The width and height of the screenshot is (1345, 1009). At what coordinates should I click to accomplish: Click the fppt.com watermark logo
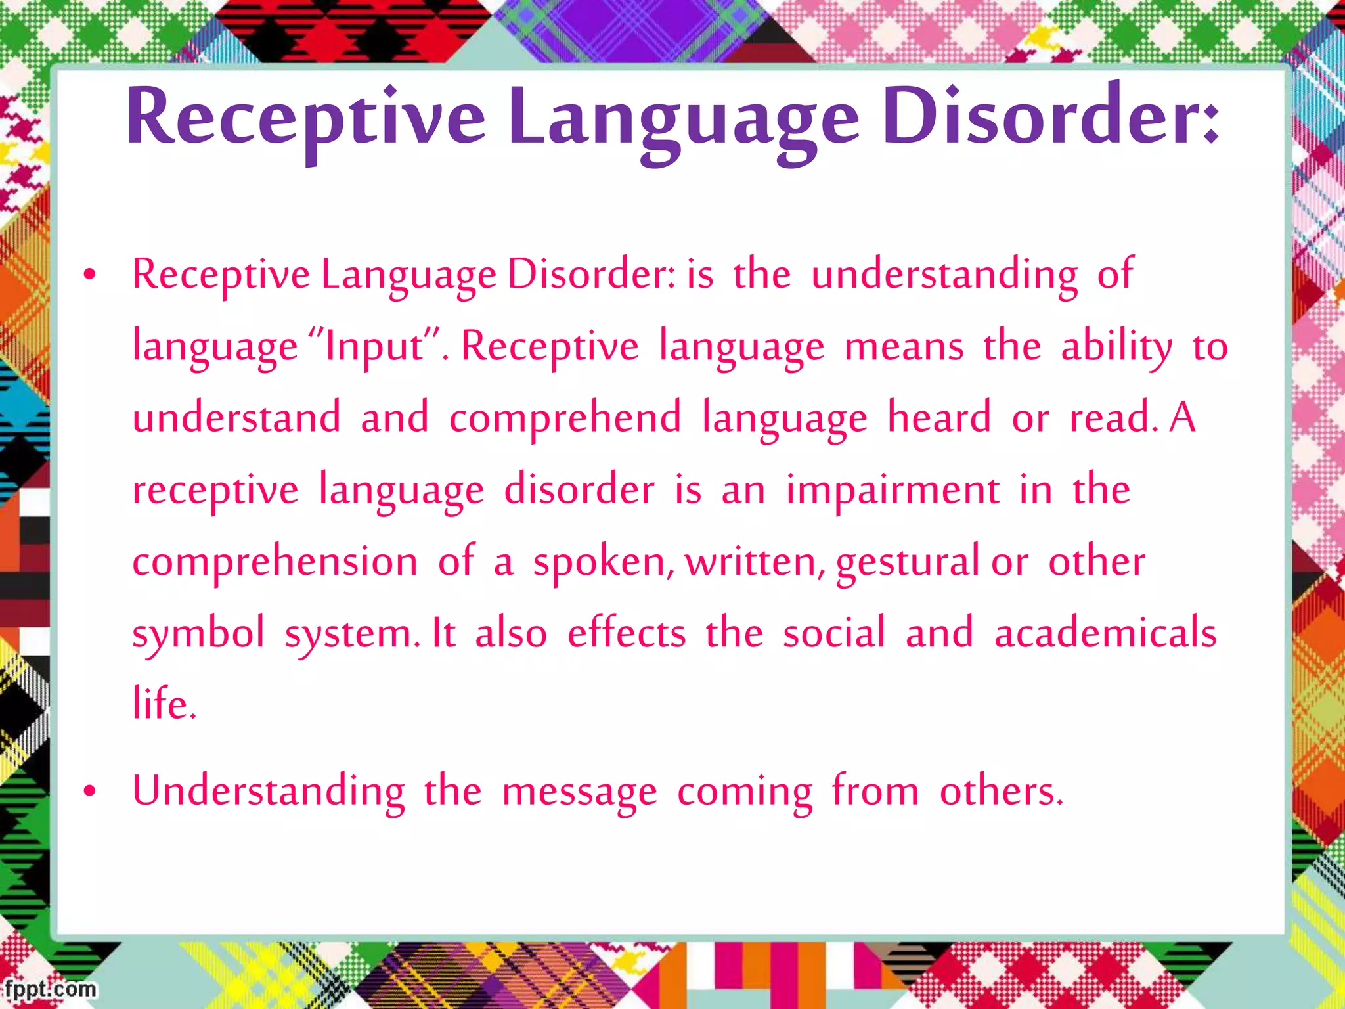(49, 989)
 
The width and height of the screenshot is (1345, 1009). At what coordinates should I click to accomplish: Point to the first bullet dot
(90, 275)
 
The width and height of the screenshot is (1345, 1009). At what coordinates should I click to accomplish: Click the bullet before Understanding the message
(90, 792)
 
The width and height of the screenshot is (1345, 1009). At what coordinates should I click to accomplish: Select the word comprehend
(565, 418)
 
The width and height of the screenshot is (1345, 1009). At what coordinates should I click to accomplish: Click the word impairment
(893, 490)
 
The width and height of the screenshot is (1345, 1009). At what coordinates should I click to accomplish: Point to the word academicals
(1105, 633)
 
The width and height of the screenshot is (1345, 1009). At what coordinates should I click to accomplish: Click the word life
(164, 703)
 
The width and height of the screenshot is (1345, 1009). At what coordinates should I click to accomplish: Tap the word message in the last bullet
(579, 792)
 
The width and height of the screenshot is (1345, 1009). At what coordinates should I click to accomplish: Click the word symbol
(198, 634)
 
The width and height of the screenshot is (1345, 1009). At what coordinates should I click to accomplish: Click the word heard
(939, 418)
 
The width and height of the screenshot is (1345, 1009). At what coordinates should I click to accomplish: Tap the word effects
(627, 633)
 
